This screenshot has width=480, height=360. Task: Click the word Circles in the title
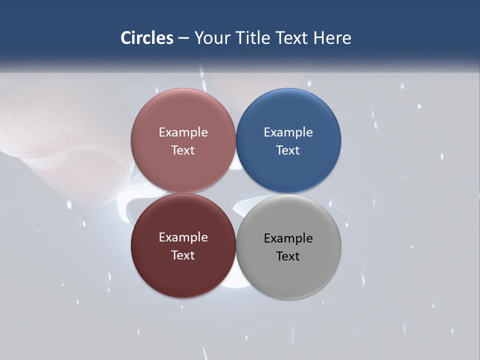click(x=147, y=38)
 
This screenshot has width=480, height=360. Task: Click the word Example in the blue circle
click(x=288, y=132)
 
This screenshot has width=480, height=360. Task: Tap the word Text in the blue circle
click(x=288, y=150)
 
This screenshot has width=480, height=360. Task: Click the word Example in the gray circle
click(x=288, y=238)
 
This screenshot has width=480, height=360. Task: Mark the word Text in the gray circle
click(x=288, y=256)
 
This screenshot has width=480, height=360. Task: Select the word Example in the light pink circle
click(x=183, y=132)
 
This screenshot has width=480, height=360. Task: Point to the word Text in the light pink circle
click(x=183, y=150)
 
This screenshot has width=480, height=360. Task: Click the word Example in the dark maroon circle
click(x=183, y=237)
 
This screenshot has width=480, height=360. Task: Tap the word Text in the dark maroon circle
click(x=183, y=255)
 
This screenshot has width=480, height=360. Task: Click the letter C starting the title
click(x=126, y=38)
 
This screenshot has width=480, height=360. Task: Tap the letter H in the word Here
click(x=318, y=38)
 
